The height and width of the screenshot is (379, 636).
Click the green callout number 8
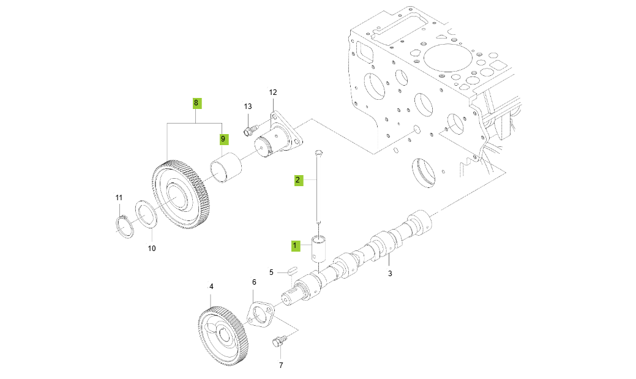(x=196, y=103)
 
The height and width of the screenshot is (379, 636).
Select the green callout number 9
(x=223, y=140)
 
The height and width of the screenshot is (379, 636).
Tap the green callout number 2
(x=297, y=180)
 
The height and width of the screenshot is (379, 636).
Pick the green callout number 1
(x=294, y=246)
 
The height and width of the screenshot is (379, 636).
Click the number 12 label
(x=273, y=92)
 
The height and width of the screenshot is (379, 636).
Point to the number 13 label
(x=248, y=107)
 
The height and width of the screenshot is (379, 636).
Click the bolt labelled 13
(x=249, y=130)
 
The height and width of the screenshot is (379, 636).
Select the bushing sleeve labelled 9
(x=225, y=170)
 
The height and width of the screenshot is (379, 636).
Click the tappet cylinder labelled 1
(x=320, y=249)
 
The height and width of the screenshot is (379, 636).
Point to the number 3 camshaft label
(x=390, y=274)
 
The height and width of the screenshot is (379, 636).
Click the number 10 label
(x=152, y=249)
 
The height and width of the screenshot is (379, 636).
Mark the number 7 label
(x=281, y=366)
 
